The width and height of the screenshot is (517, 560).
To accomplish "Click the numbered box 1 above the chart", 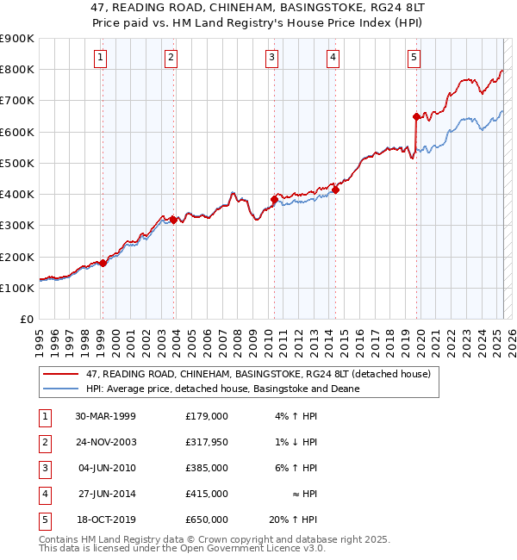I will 101,58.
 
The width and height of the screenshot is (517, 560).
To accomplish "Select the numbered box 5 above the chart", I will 414,58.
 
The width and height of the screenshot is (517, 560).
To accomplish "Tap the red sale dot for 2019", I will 416,116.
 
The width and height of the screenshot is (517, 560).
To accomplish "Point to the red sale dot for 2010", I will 274,199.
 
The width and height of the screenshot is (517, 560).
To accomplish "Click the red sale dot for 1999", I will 103,263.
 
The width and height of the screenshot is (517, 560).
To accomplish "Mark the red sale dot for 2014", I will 336,190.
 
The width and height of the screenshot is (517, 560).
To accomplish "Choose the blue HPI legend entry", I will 222,389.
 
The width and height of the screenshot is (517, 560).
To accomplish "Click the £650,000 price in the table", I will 207,520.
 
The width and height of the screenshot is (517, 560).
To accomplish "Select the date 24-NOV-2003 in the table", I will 106,442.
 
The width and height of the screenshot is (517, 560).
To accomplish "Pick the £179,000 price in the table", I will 207,416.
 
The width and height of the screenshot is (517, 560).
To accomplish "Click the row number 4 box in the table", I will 44,494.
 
